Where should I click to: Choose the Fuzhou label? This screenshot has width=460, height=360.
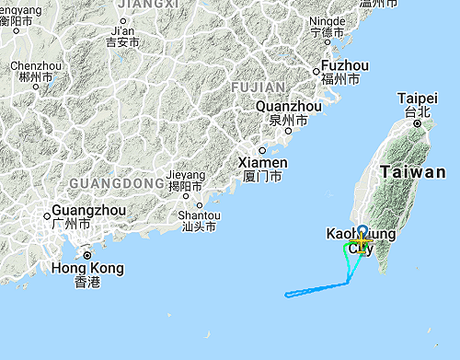pyautogui.click(x=345, y=66)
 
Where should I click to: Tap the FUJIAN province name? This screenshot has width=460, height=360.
pyautogui.click(x=261, y=87)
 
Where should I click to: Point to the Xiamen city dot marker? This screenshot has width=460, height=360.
pyautogui.click(x=262, y=150)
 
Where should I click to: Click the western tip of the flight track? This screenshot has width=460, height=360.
pyautogui.click(x=286, y=295)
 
